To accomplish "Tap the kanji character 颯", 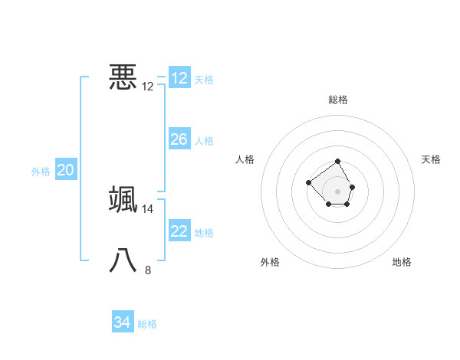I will pos(123,199).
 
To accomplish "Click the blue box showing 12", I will pos(179,78).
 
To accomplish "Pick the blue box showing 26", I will pos(179,139).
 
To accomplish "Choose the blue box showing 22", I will pos(179,231).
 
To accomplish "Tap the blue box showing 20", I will pos(65,170).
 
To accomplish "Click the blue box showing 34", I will pos(122,322).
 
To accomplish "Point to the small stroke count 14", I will pos(148,209).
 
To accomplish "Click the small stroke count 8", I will pos(148,270).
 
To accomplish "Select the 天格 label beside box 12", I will pos(204,79).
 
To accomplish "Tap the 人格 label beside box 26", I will pos(204,140).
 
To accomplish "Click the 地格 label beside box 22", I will pos(204,232).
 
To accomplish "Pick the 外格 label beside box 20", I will pos(41,172).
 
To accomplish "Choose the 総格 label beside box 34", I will pos(147,324).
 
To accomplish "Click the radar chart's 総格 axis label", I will pos(338,100).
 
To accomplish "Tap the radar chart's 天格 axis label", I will pos(432,159).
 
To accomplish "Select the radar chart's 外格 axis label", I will pos(270,262).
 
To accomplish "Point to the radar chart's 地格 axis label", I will pos(402,262).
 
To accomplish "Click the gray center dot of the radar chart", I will pos(338,191).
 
